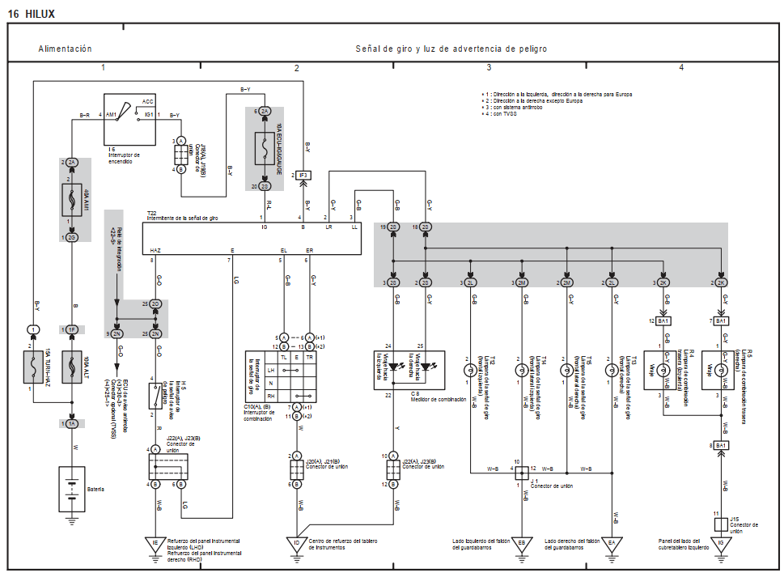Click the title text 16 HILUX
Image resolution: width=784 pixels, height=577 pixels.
point(32,14)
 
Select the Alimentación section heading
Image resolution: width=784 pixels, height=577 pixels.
point(65,49)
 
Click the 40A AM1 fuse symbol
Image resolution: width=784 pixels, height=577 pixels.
point(72,199)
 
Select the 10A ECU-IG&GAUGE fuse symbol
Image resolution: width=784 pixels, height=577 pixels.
point(265,149)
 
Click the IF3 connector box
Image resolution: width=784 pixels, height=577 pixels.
point(303,175)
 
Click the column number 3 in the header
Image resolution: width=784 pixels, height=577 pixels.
point(489,67)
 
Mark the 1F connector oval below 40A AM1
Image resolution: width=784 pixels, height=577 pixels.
point(72,330)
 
